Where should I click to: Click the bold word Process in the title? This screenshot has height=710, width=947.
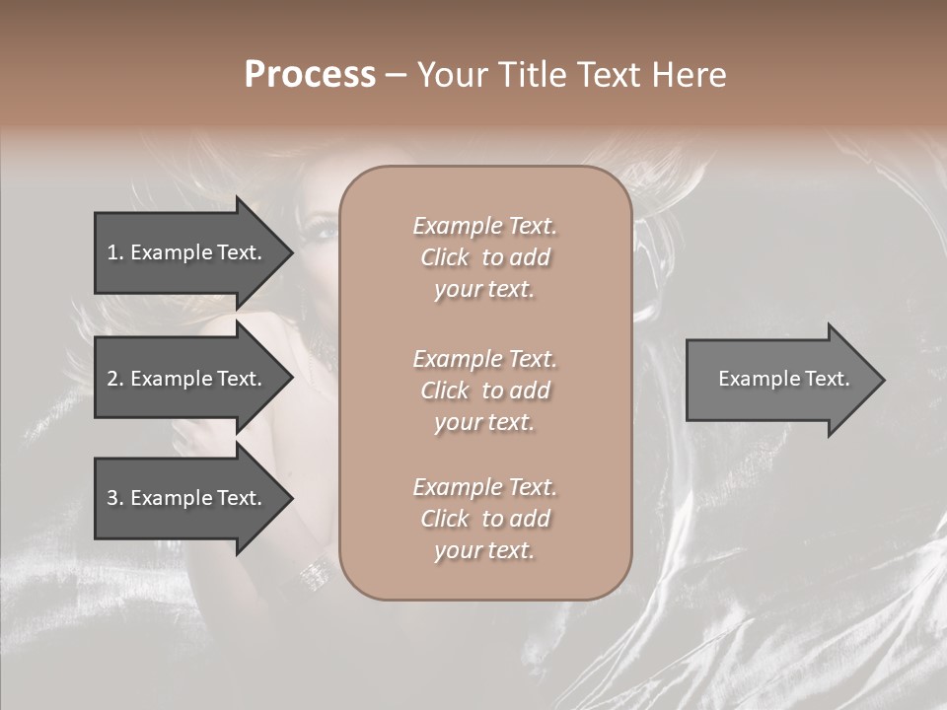[310, 75]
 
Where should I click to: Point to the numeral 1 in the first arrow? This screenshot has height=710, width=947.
[112, 252]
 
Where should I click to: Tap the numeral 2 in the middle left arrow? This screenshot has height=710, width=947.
[112, 379]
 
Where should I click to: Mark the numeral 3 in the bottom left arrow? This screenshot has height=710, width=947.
[112, 498]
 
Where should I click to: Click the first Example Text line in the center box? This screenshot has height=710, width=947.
[484, 226]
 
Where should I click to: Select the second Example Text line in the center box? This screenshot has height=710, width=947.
[484, 359]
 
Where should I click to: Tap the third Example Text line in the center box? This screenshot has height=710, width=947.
[484, 487]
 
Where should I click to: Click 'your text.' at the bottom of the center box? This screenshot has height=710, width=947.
[484, 550]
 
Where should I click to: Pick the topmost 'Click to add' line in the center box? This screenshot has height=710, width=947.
[484, 257]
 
